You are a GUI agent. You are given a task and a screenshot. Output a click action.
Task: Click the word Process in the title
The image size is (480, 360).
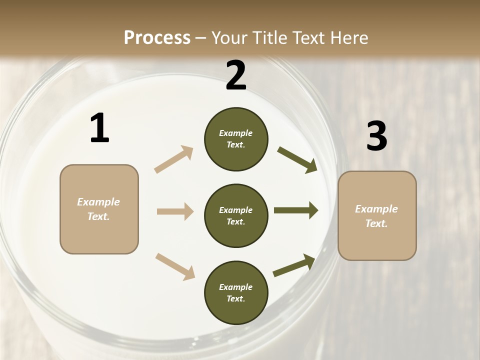click(157, 38)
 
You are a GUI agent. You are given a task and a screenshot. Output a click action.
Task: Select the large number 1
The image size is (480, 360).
click(99, 128)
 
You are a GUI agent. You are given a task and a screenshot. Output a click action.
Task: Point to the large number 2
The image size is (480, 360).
click(236, 75)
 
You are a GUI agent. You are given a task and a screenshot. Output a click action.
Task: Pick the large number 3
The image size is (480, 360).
click(376, 136)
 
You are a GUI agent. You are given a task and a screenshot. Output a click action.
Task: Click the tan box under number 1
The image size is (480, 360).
click(99, 209)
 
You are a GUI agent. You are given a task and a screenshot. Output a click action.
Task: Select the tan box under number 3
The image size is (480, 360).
click(377, 216)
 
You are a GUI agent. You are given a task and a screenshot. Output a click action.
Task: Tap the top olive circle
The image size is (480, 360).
click(236, 139)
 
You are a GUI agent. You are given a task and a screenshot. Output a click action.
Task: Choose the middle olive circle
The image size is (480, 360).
click(236, 215)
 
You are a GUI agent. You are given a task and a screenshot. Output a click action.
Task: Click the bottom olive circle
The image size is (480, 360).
click(236, 292)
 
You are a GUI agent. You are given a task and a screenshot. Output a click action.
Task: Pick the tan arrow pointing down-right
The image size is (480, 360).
click(175, 266)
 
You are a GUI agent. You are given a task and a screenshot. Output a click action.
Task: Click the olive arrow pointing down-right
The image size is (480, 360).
click(297, 159)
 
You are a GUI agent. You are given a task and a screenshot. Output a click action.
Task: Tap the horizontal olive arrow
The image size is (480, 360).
click(295, 210)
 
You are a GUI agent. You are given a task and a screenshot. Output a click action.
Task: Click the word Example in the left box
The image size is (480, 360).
click(98, 202)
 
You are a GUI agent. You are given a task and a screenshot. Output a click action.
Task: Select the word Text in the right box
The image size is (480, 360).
click(376, 223)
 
